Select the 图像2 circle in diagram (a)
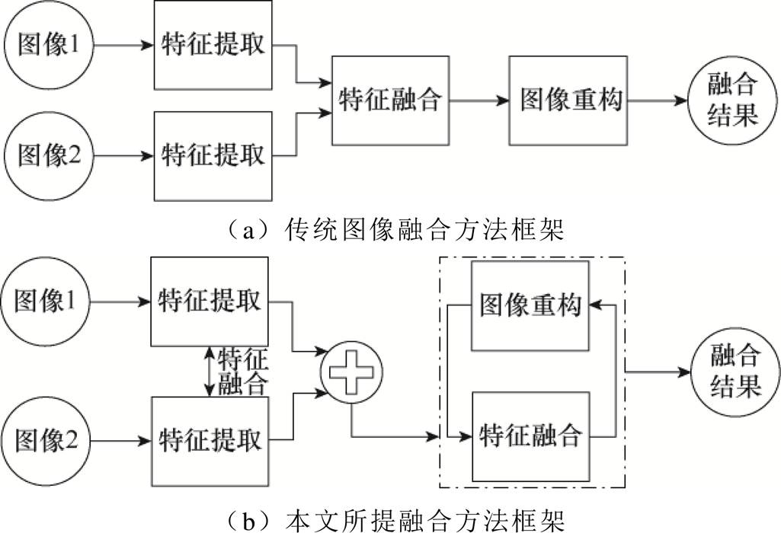(46, 155)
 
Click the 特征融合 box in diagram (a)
(390, 100)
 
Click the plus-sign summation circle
(351, 371)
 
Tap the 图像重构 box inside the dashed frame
(530, 305)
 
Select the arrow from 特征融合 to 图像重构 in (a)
(479, 100)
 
